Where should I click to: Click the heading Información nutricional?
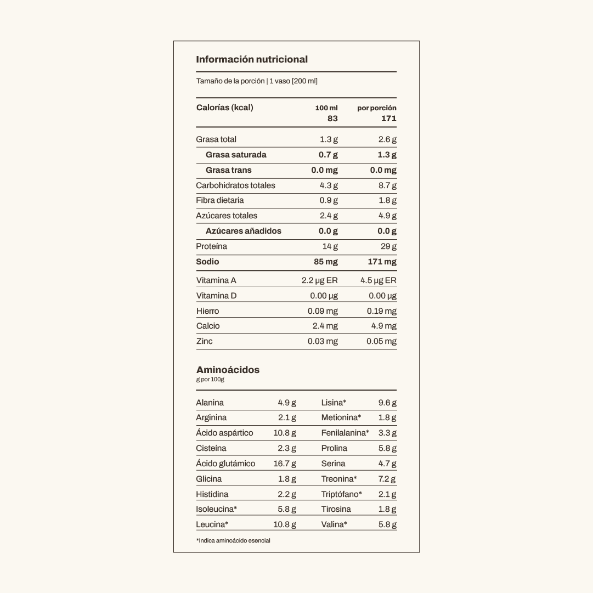tap(252, 59)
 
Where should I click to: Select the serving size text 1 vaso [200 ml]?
tap(293, 81)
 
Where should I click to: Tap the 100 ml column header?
tap(326, 108)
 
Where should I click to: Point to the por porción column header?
tap(377, 108)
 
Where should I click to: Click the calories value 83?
tap(332, 118)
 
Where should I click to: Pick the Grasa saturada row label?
tap(236, 155)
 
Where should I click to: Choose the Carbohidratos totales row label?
tap(235, 185)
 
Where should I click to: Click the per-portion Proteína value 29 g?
tap(389, 246)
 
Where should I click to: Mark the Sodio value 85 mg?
tap(326, 262)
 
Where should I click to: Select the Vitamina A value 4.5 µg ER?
tap(379, 280)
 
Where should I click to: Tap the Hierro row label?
tap(207, 311)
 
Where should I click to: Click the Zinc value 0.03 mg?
tap(323, 341)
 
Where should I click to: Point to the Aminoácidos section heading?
tap(228, 370)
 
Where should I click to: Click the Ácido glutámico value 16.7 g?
tap(285, 464)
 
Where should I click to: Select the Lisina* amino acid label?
tap(334, 403)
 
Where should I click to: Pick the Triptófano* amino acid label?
tap(341, 494)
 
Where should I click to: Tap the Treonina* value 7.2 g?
tap(387, 479)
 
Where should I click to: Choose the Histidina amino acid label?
tap(212, 494)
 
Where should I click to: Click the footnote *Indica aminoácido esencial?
tap(233, 540)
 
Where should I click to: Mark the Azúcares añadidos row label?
tap(243, 231)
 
